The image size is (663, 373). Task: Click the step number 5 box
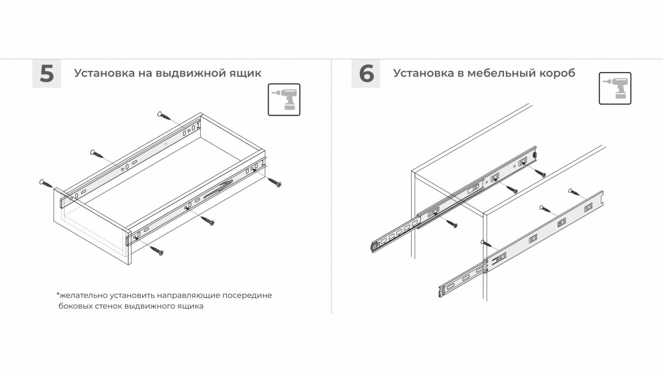(47, 73)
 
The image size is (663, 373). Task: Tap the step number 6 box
(366, 73)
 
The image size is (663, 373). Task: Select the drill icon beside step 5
(284, 99)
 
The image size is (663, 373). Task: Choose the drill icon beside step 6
(615, 88)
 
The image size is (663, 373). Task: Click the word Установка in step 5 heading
(104, 73)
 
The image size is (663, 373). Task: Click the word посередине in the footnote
(247, 296)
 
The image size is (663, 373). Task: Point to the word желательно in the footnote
(82, 296)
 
